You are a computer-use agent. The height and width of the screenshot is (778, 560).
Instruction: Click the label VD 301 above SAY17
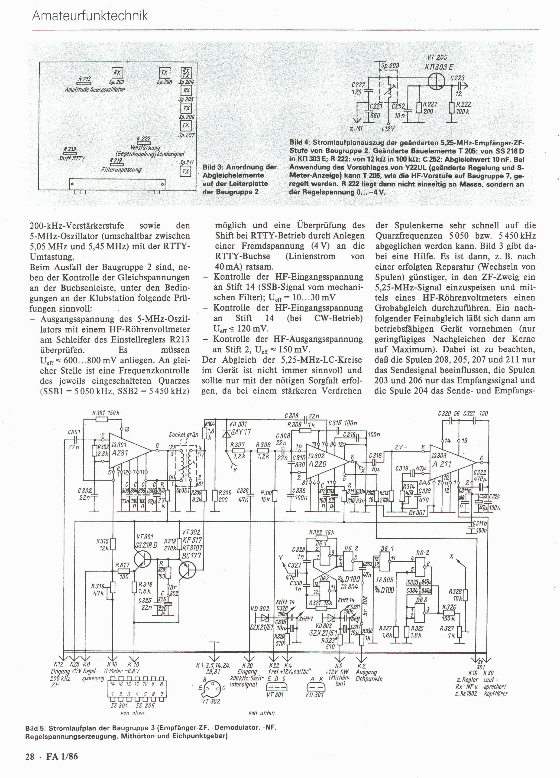pyautogui.click(x=238, y=424)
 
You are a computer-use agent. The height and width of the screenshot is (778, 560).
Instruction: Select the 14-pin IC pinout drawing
pyautogui.click(x=137, y=690)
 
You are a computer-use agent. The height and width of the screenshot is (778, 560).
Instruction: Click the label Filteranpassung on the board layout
pyautogui.click(x=121, y=170)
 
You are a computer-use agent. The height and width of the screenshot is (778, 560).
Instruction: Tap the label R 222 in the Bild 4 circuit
pyautogui.click(x=463, y=104)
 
